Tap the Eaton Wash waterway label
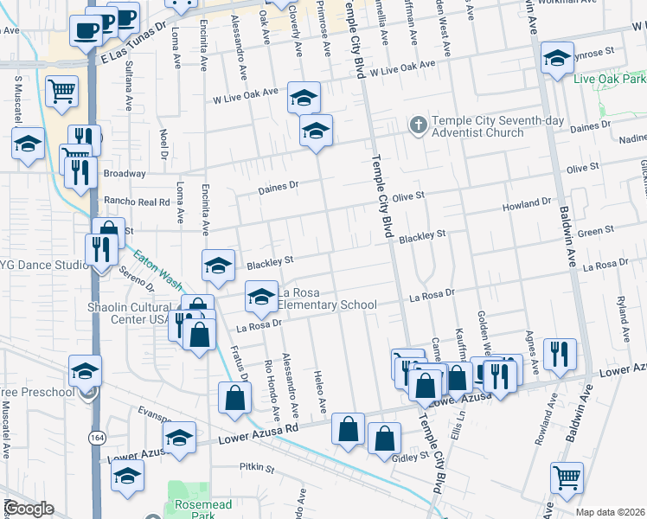click(157, 272)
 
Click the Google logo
click(28, 509)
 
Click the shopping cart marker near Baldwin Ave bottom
click(567, 477)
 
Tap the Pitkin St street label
click(256, 468)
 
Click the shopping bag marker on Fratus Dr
click(234, 398)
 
